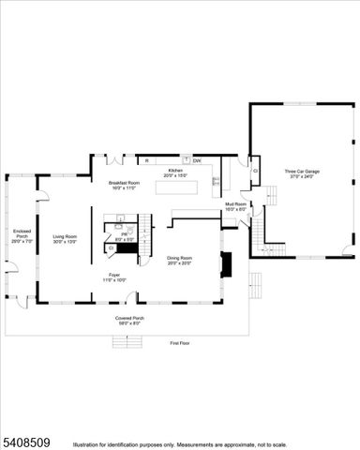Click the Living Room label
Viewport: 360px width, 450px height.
point(64,236)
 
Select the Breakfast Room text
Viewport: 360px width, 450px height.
point(124,183)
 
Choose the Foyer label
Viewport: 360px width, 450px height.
point(114,275)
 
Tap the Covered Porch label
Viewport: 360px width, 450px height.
point(129,318)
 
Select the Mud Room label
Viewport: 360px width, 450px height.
point(235,203)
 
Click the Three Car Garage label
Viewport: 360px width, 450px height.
point(303,172)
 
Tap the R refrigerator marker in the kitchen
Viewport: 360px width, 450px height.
point(146,160)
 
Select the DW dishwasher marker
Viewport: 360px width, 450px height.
point(197,160)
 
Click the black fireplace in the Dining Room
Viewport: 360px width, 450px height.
point(223,263)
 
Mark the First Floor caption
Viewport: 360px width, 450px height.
point(180,344)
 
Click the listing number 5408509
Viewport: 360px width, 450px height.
point(28,438)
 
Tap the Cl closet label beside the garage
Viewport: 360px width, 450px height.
point(256,171)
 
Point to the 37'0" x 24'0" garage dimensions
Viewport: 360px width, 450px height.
point(303,176)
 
